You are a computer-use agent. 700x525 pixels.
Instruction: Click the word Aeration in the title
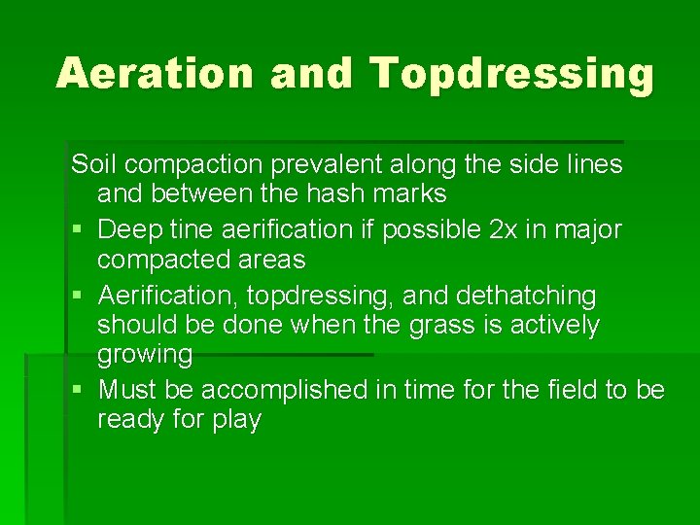pyautogui.click(x=154, y=74)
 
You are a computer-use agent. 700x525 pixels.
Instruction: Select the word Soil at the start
pyautogui.click(x=93, y=164)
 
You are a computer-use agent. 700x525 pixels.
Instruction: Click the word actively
pyautogui.click(x=554, y=325)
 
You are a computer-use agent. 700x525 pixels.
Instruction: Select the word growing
pyautogui.click(x=145, y=355)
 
